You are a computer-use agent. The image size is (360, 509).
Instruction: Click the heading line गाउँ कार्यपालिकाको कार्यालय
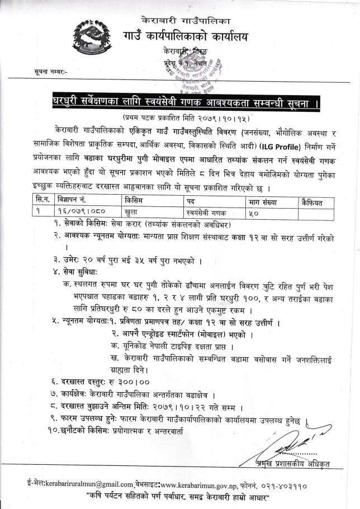coord(193,37)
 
